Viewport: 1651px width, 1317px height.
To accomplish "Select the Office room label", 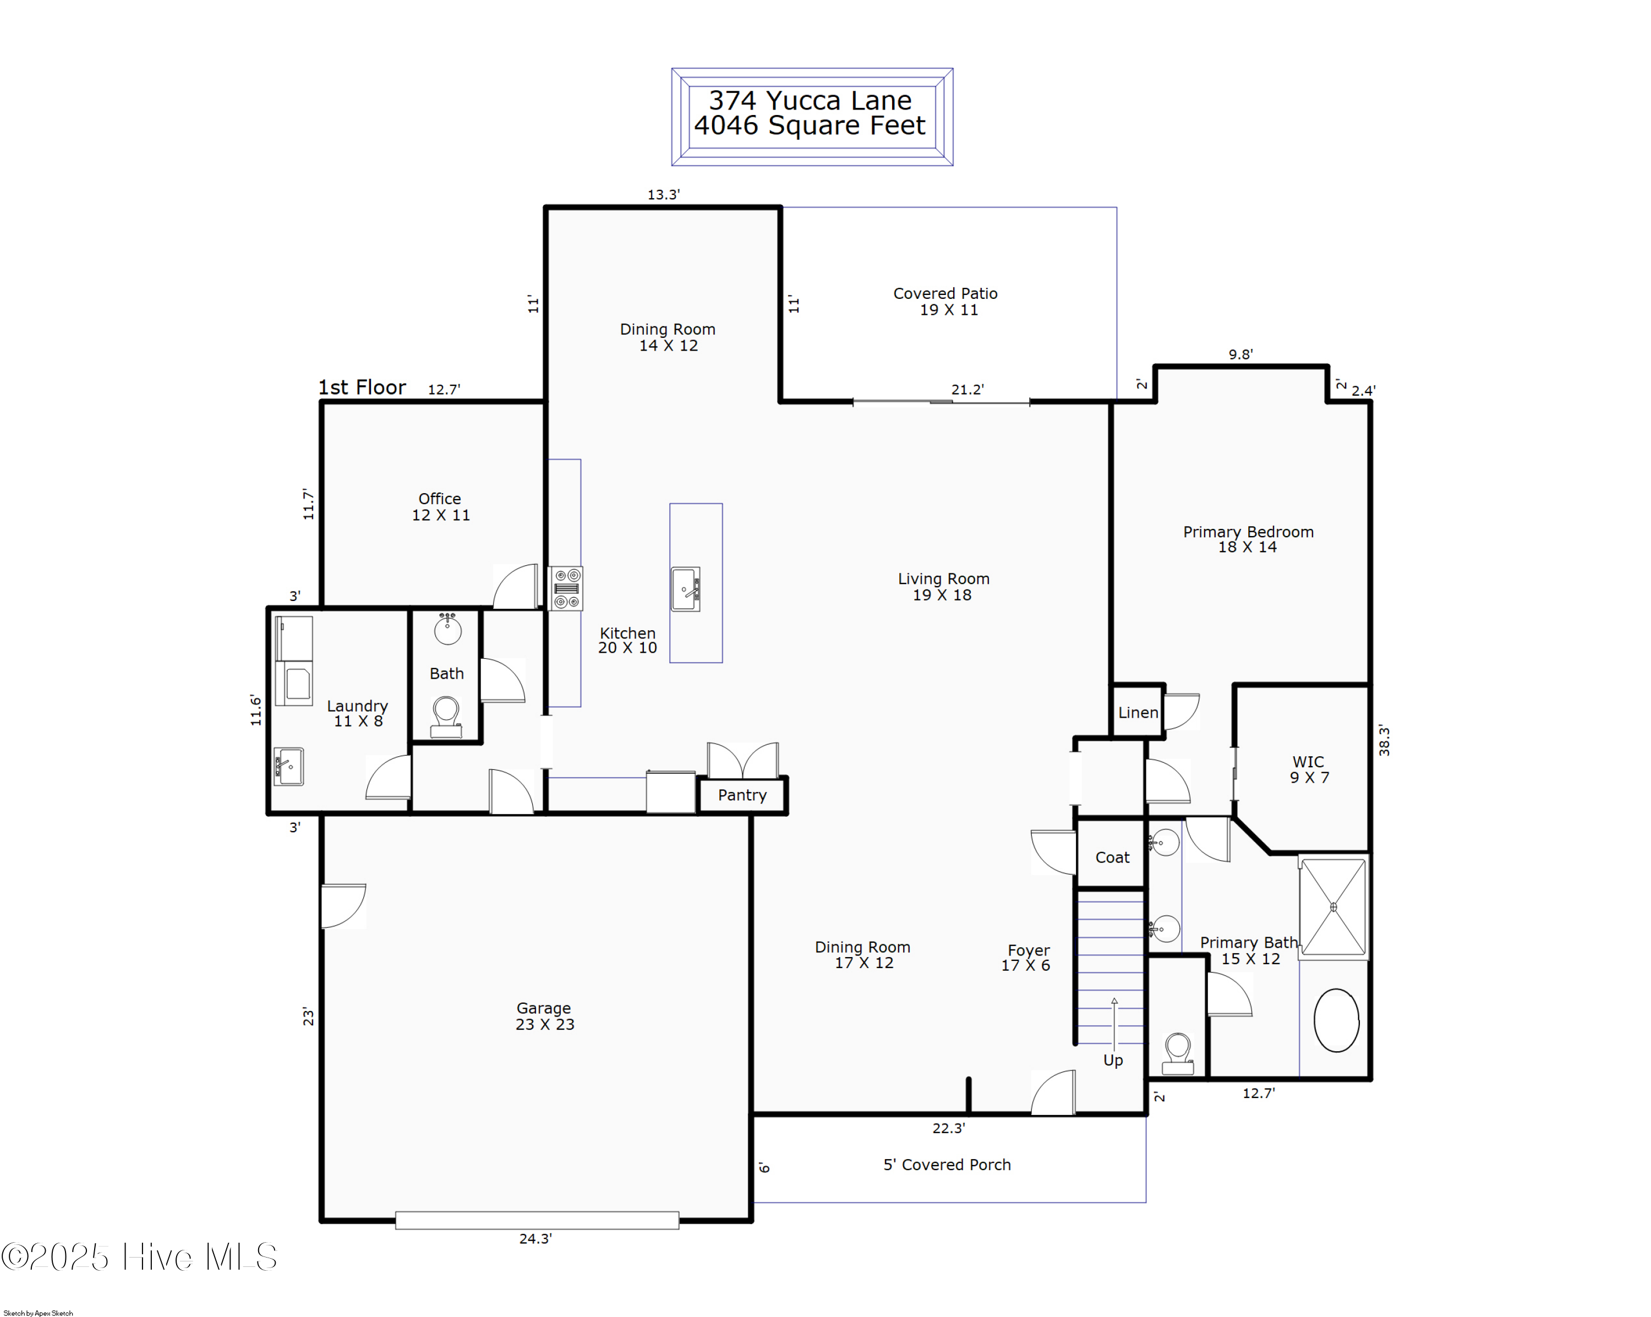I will pyautogui.click(x=440, y=506).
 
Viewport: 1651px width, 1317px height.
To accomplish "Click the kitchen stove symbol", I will pyautogui.click(x=566, y=588).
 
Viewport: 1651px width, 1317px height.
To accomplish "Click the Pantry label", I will pyautogui.click(x=741, y=795).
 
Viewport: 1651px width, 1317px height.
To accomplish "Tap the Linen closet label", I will pyautogui.click(x=1138, y=712).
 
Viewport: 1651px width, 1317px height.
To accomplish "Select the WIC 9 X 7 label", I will pyautogui.click(x=1308, y=769).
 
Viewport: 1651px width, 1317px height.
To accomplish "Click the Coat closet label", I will pyautogui.click(x=1112, y=857).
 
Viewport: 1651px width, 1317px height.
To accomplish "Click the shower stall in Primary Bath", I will pyautogui.click(x=1333, y=906).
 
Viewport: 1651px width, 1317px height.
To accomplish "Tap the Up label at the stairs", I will pyautogui.click(x=1113, y=1060).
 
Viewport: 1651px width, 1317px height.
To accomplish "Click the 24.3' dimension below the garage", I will pyautogui.click(x=535, y=1239).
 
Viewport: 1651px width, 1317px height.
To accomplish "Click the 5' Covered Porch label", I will pyautogui.click(x=947, y=1165).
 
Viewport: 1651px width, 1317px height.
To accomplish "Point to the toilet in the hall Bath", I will pyautogui.click(x=446, y=717).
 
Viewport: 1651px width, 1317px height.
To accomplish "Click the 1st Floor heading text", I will pyautogui.click(x=362, y=387).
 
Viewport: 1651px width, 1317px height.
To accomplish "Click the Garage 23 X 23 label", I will pyautogui.click(x=544, y=1016).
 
